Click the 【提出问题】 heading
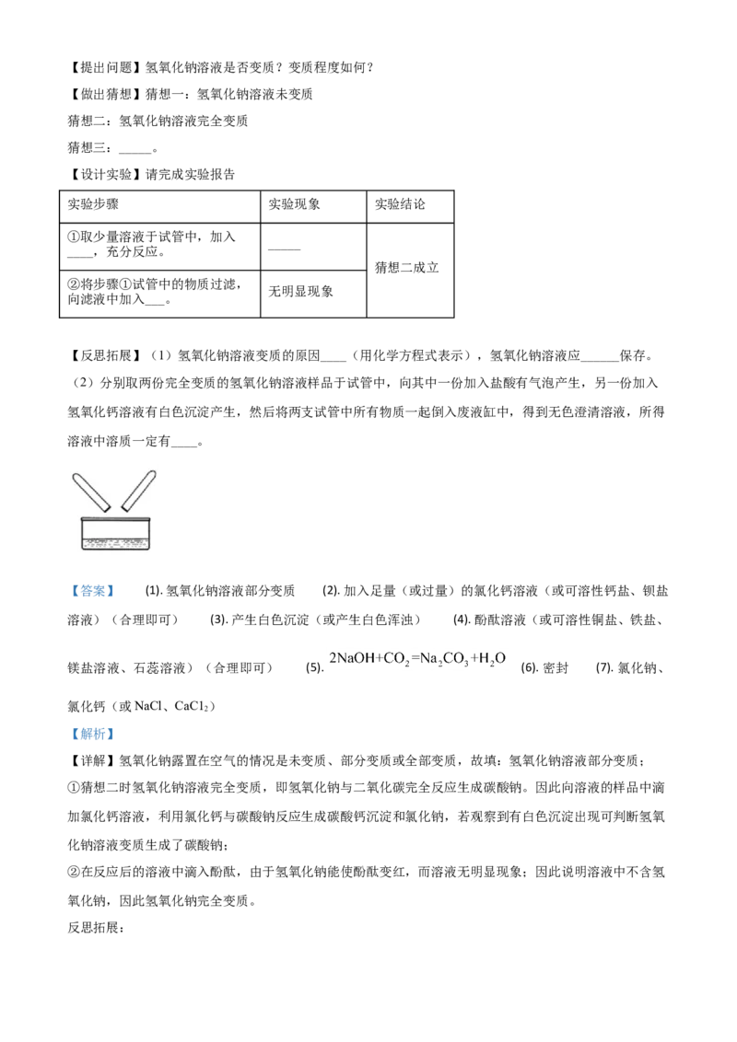(105, 67)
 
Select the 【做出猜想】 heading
(105, 95)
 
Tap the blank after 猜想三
(135, 149)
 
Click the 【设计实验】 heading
(105, 175)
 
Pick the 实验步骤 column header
(93, 204)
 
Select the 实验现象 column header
(294, 204)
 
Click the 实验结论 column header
(400, 204)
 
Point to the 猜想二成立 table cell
(407, 268)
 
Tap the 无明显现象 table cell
(300, 291)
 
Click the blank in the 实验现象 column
(285, 249)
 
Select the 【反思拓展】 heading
(105, 355)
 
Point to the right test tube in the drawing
(139, 491)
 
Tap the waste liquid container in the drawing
(115, 533)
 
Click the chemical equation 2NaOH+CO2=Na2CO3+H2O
(417, 659)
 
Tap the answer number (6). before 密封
(530, 668)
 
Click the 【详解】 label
(92, 761)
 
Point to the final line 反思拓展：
(96, 928)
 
